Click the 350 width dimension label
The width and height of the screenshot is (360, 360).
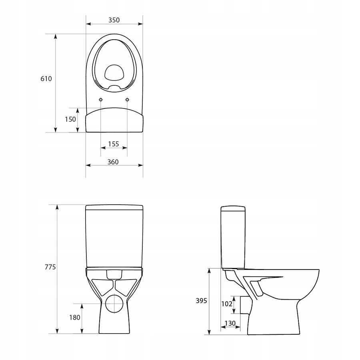click(114, 20)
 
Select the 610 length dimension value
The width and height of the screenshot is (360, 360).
click(46, 79)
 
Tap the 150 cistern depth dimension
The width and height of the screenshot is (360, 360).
click(70, 119)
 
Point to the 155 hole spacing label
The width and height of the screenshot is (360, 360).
click(114, 144)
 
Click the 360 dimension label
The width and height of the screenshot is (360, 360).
click(114, 162)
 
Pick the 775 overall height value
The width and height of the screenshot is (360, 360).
click(49, 267)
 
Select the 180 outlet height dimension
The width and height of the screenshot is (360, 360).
click(75, 318)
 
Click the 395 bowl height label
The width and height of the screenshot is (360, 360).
click(201, 301)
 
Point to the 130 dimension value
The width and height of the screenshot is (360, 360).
click(230, 323)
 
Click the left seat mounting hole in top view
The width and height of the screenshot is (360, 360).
click(100, 99)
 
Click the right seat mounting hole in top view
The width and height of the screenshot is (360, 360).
click(127, 99)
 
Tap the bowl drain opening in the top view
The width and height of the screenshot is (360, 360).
click(114, 73)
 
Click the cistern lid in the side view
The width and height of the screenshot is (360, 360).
click(233, 208)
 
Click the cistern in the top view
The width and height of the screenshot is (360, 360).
click(114, 120)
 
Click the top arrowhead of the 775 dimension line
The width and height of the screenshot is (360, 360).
click(57, 207)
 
